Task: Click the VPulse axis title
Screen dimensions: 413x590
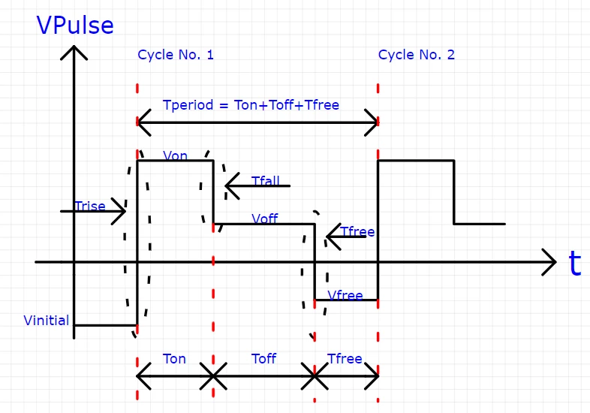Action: coord(75,26)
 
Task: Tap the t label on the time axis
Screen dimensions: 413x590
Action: coord(574,264)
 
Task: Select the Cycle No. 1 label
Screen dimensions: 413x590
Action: coord(176,55)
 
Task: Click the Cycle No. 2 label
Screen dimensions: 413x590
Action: coord(416,55)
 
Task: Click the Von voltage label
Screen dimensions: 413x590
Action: coord(175,155)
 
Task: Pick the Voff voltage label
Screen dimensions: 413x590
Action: coord(265,219)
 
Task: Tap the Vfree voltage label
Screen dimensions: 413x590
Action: coord(345,296)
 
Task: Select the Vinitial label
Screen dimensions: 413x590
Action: coord(47,321)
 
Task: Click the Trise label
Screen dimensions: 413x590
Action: coord(90,206)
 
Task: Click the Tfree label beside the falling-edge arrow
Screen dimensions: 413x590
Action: coord(357,231)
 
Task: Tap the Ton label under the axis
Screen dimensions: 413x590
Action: coord(174,359)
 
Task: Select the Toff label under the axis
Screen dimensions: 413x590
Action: coord(263,359)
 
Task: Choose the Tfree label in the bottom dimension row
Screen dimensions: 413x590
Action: coord(345,359)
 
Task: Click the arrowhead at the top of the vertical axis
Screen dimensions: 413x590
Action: coord(74,51)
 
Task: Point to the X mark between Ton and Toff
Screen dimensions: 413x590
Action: coord(213,375)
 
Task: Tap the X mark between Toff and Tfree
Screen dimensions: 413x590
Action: coord(314,375)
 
